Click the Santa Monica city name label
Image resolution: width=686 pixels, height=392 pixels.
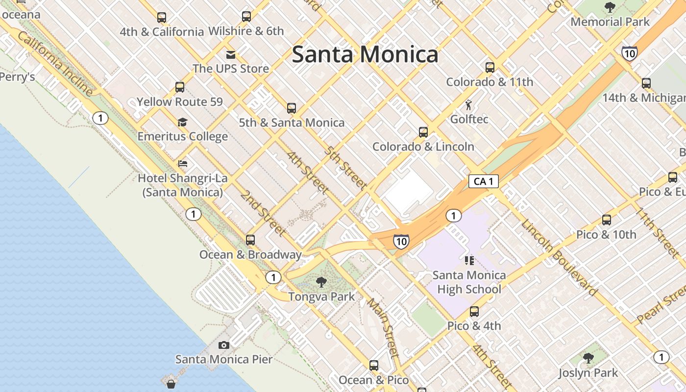(x=365, y=54)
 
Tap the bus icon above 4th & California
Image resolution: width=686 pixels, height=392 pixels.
(x=162, y=18)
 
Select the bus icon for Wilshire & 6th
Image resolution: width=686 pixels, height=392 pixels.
(x=246, y=17)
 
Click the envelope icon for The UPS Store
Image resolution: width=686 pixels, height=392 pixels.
(x=230, y=54)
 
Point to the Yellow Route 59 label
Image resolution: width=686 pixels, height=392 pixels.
(x=180, y=102)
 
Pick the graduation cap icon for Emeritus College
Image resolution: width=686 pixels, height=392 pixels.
(x=182, y=122)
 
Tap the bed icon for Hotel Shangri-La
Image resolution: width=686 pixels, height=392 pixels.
(x=183, y=164)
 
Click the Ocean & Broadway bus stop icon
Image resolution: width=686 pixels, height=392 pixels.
(x=250, y=240)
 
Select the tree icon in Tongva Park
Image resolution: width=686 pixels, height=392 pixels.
(x=321, y=282)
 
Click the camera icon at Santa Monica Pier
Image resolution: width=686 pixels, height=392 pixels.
(x=224, y=345)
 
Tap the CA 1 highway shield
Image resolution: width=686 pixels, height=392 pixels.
(x=484, y=181)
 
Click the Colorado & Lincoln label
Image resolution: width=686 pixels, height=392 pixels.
(x=423, y=147)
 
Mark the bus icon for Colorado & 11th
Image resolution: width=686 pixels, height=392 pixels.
(x=490, y=68)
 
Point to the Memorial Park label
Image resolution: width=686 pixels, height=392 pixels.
(x=610, y=22)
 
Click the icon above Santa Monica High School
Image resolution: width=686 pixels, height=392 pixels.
(x=469, y=260)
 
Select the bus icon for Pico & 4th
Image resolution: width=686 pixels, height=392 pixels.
(x=474, y=312)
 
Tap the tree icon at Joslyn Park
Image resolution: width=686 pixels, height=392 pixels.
(x=588, y=358)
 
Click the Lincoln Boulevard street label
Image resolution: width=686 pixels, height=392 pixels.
(x=559, y=258)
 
